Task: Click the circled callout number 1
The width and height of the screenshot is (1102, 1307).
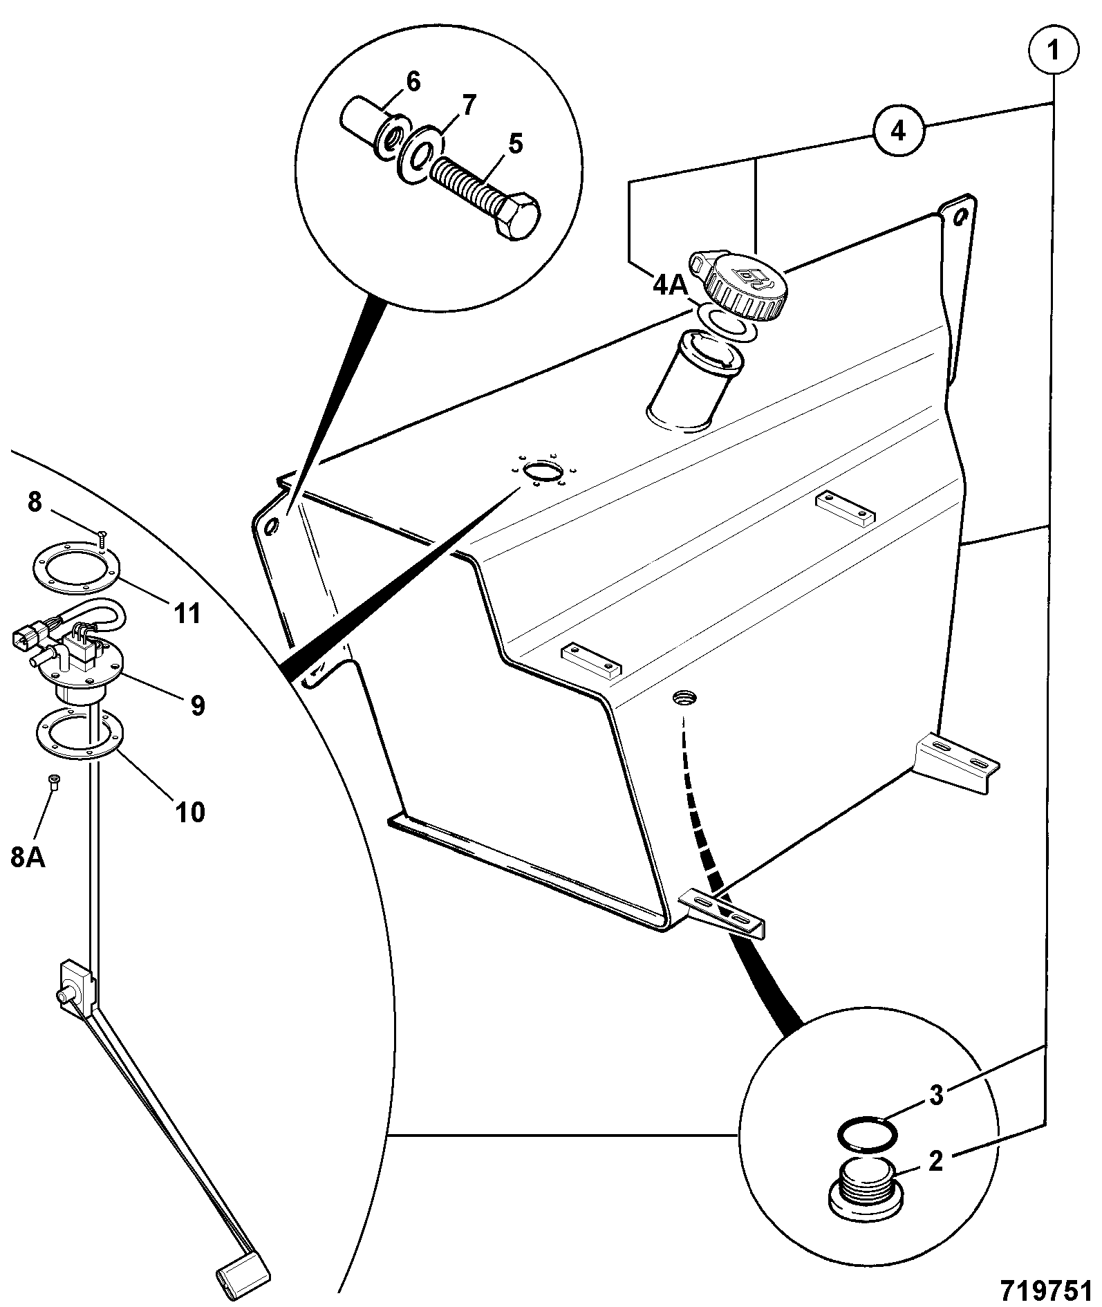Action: [1053, 50]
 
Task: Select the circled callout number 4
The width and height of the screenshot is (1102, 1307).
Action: [898, 131]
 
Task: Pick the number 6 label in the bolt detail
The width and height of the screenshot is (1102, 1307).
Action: [413, 82]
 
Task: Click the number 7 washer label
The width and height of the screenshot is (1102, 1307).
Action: [468, 106]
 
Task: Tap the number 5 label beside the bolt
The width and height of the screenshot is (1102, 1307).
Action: [516, 145]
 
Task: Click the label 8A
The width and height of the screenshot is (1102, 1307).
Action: [28, 858]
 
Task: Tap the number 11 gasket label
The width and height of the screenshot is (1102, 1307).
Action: [187, 612]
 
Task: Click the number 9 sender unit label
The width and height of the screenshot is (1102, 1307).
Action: [198, 705]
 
